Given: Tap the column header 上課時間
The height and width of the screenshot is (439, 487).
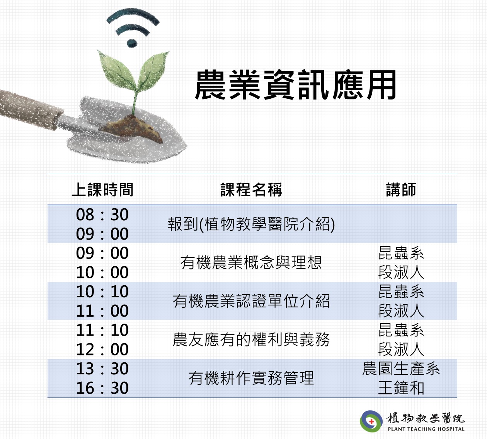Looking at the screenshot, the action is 102,189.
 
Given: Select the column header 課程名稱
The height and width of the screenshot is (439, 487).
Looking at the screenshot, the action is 251,189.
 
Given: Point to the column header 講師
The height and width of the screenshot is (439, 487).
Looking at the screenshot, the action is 401,189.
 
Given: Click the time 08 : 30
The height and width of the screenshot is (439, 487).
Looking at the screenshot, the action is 102,214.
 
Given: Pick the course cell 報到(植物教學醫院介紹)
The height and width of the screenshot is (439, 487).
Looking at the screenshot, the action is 251,224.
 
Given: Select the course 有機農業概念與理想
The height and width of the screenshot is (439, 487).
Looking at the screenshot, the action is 251,262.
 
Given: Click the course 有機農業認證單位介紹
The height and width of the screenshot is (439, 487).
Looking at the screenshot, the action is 251,301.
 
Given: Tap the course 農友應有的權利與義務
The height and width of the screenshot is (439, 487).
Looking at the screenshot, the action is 251,339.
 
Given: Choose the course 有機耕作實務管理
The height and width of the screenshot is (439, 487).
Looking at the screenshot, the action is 251,378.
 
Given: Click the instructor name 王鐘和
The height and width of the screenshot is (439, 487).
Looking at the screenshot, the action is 401,388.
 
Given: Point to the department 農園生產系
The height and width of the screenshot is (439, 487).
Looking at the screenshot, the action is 401,369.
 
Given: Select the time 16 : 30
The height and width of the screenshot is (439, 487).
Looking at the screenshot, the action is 102,388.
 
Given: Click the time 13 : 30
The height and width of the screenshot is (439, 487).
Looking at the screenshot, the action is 102,369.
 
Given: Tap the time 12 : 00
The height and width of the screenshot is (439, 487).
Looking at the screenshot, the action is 102,350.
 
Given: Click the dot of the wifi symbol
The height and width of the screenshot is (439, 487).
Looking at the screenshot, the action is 132,43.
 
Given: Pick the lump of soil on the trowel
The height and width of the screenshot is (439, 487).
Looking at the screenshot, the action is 132,129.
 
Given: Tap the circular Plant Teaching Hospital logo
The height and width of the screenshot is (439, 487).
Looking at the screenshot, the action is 371,421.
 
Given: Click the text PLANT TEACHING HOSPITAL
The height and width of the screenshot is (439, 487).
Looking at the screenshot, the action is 426,429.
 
